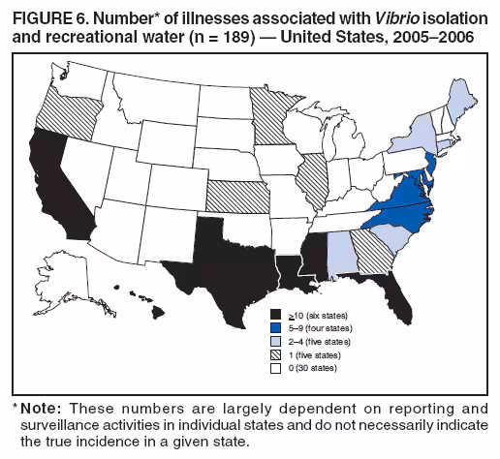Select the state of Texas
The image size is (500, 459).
218,257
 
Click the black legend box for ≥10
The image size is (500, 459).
275,315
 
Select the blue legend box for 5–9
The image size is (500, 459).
275,327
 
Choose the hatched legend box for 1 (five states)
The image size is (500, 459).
275,354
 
